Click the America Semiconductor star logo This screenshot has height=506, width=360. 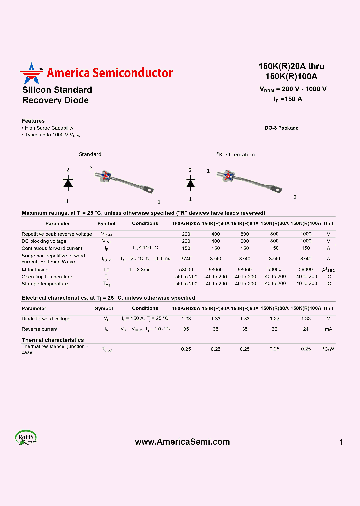31,74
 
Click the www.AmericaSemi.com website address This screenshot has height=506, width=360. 183,442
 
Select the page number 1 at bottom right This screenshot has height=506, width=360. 341,442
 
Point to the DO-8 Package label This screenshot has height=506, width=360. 281,128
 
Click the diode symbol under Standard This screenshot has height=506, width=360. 68,183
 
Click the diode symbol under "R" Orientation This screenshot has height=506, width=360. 190,183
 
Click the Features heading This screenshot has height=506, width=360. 33,121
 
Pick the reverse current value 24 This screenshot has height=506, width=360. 306,329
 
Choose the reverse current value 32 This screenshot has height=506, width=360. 274,329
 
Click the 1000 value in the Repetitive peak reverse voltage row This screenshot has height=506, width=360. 306,234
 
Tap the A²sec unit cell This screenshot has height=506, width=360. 328,270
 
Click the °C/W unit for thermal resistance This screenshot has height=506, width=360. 328,349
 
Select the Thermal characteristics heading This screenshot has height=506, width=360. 53,340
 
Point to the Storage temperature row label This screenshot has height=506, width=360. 45,284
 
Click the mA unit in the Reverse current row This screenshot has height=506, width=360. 328,329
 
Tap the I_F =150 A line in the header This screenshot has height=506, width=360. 287,99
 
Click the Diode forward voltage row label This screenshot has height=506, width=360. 46,319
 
